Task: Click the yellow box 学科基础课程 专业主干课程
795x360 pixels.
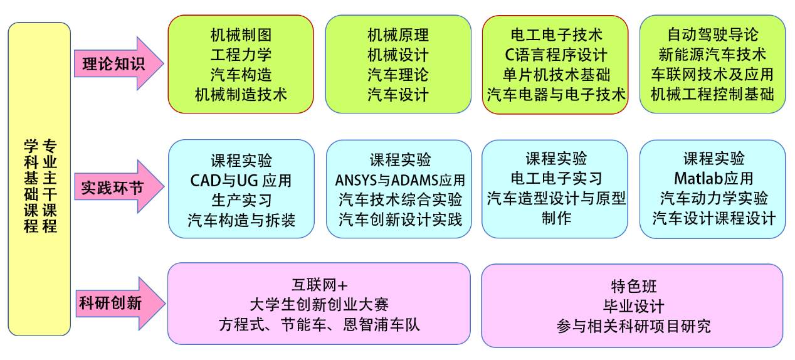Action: [39, 179]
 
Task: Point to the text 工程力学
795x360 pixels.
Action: [241, 55]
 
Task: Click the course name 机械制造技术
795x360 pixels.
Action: [241, 95]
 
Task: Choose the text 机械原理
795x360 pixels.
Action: [398, 35]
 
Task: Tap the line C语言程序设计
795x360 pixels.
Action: [555, 55]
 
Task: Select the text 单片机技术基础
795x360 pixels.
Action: [555, 75]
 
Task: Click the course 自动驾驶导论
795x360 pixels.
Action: [713, 34]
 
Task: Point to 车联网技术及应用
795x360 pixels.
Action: [713, 75]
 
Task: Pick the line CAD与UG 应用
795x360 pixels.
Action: [241, 181]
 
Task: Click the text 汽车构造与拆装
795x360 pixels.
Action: [241, 220]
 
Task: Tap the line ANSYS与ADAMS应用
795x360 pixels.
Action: [399, 181]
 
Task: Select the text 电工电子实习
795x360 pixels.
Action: [555, 179]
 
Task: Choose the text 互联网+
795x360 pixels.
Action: [319, 285]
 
